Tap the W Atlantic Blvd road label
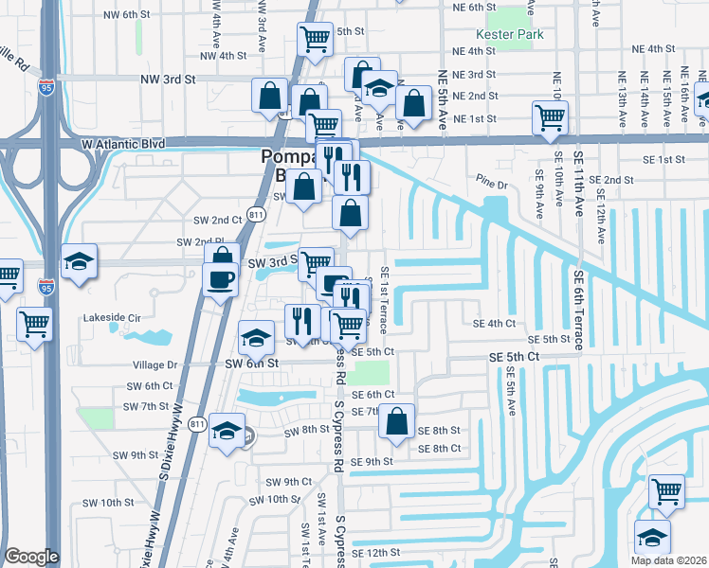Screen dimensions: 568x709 (123, 143)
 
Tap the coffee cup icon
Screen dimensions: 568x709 (221, 278)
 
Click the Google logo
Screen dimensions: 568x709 (31, 557)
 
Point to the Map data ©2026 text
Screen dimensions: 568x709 (669, 560)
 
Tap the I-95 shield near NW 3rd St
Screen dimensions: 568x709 (46, 87)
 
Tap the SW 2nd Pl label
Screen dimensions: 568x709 (198, 242)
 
